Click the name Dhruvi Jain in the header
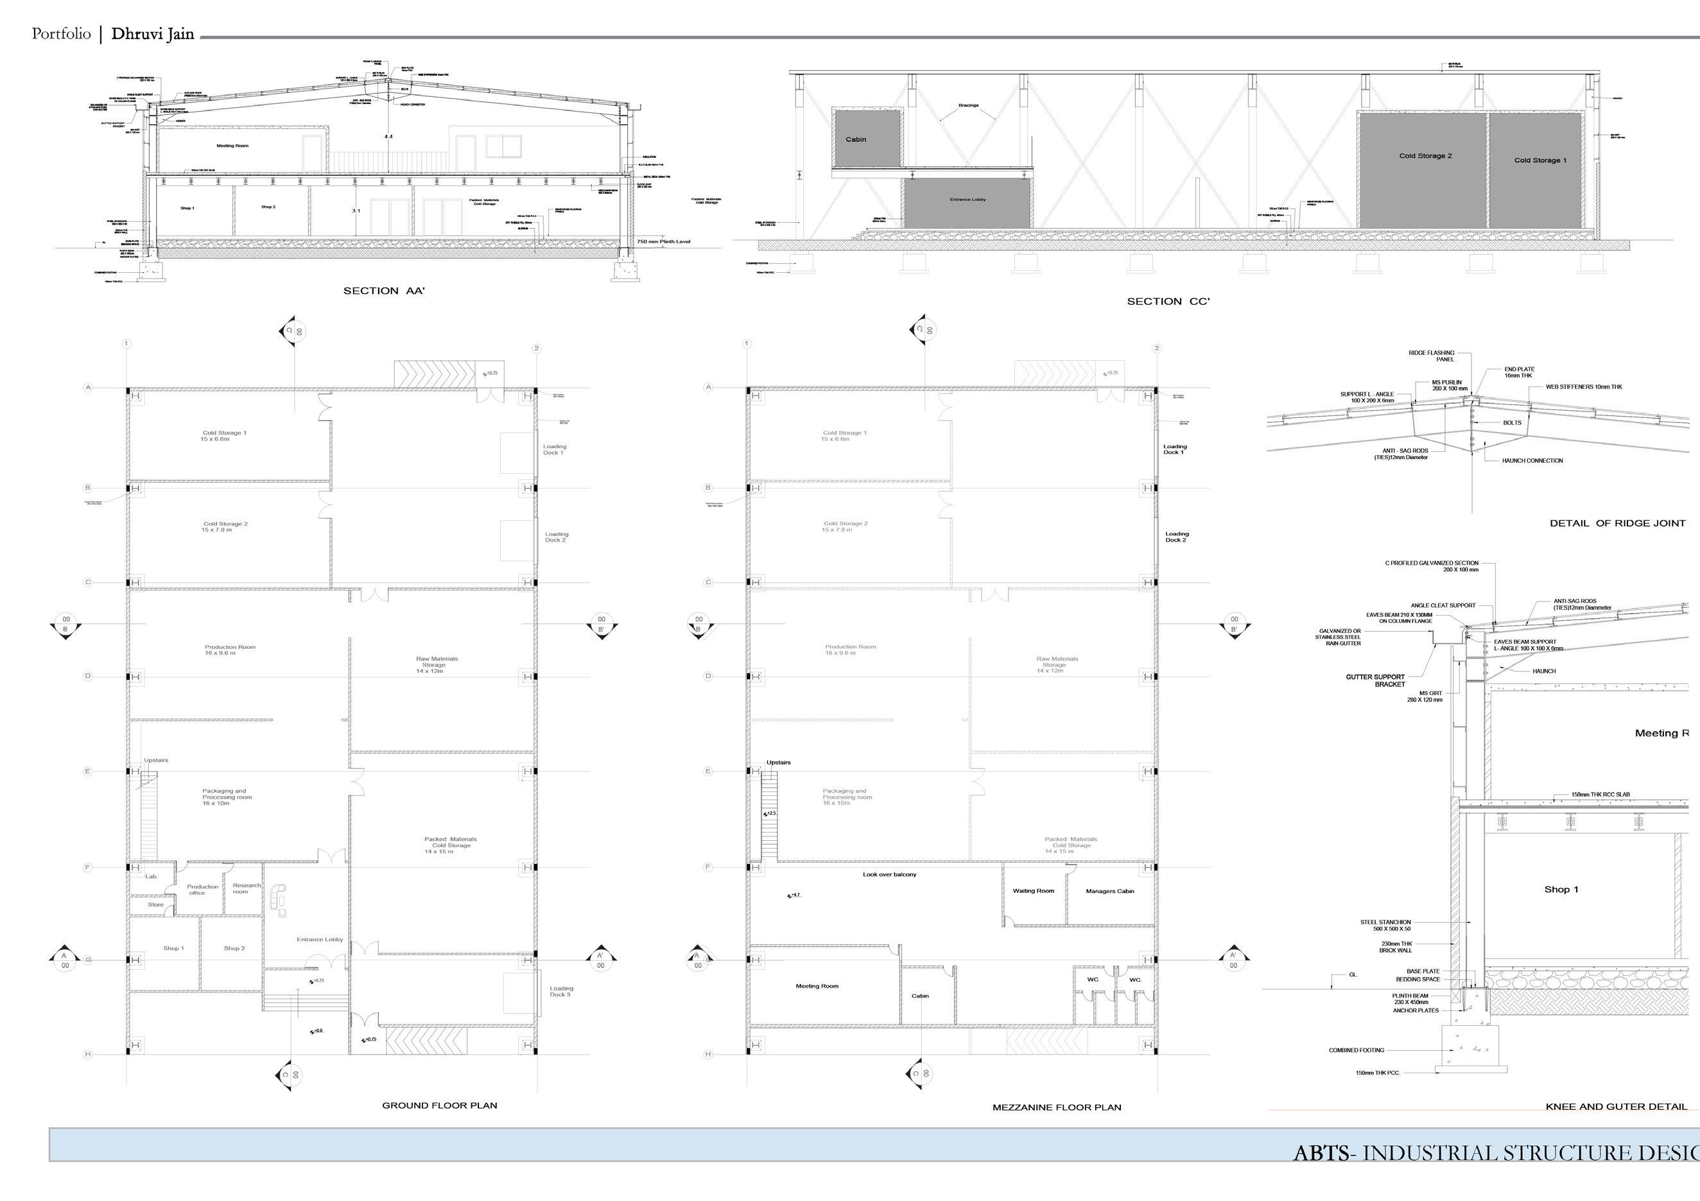click(153, 34)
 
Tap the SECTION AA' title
click(383, 291)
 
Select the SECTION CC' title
click(1168, 301)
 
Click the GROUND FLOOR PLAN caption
click(439, 1105)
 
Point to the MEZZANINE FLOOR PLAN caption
click(1057, 1108)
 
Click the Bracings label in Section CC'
click(967, 105)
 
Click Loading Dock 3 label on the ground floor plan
click(560, 992)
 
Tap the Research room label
click(247, 888)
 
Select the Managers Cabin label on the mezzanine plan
click(1110, 892)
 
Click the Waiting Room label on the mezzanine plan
click(1033, 891)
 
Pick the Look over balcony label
click(889, 874)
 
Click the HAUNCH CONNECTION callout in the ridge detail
click(1532, 460)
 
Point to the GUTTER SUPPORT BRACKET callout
click(1375, 680)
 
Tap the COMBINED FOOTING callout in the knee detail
click(1356, 1050)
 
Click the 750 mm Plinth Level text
click(663, 241)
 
